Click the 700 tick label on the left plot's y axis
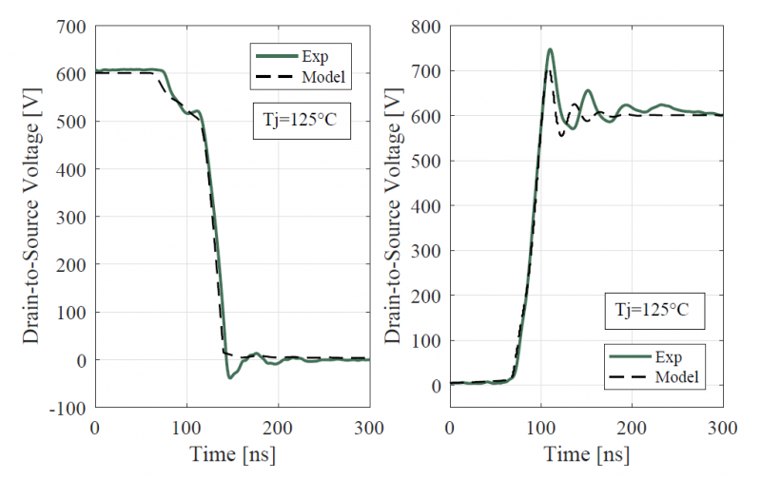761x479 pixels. [71, 26]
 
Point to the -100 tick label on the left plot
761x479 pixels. [68, 409]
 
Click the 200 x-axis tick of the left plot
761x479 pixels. [278, 427]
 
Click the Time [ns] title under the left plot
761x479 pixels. [231, 452]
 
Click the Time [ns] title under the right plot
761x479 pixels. [587, 452]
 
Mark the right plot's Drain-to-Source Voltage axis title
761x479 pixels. [392, 216]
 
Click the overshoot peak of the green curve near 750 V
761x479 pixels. [550, 49]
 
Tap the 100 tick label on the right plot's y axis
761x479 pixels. [428, 340]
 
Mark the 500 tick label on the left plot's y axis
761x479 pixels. [71, 122]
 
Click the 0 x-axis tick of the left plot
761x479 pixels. [94, 427]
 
